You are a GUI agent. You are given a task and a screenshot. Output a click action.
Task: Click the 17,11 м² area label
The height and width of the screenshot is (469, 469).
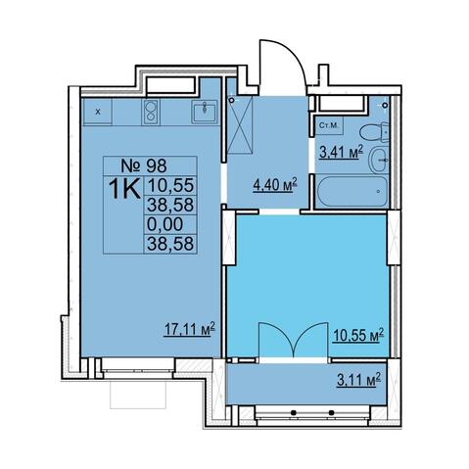pos(190,329)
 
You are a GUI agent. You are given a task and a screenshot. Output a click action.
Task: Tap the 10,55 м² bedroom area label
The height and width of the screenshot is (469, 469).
pos(357,335)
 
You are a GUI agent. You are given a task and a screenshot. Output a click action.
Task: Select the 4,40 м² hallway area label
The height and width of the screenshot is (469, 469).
pos(275,185)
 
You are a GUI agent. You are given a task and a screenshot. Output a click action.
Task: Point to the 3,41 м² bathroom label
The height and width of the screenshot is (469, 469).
pos(341,152)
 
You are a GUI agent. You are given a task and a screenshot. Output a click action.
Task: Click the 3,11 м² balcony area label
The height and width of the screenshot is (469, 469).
pos(358,379)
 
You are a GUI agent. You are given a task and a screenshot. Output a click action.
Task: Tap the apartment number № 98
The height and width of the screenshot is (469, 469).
pos(144,165)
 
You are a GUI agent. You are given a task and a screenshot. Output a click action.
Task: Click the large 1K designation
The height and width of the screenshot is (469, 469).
pos(124,189)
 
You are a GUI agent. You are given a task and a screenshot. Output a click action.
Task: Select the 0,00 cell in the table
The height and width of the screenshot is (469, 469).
pos(165,224)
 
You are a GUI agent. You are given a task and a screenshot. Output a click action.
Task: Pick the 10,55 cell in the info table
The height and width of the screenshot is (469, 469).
pos(170,186)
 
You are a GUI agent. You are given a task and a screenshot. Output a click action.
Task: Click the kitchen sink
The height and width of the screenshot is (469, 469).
pos(205,112)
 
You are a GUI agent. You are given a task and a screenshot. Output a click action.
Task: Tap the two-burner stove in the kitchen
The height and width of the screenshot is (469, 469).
pos(151,112)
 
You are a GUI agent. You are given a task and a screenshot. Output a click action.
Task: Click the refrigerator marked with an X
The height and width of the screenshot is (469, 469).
pos(98,112)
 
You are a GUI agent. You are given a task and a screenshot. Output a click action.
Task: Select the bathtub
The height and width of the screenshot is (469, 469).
pos(352,191)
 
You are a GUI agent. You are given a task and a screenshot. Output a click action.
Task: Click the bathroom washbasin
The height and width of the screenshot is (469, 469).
pos(379,160)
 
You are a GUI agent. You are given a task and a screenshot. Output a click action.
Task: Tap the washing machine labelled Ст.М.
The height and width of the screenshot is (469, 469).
pos(329,125)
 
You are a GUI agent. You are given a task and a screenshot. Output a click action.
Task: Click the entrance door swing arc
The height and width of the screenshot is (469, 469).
pos(294,55)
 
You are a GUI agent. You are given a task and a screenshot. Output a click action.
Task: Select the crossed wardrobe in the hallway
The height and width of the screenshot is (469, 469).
pos(240,124)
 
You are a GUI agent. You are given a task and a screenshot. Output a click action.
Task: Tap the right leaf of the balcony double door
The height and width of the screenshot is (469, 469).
pos(310,336)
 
